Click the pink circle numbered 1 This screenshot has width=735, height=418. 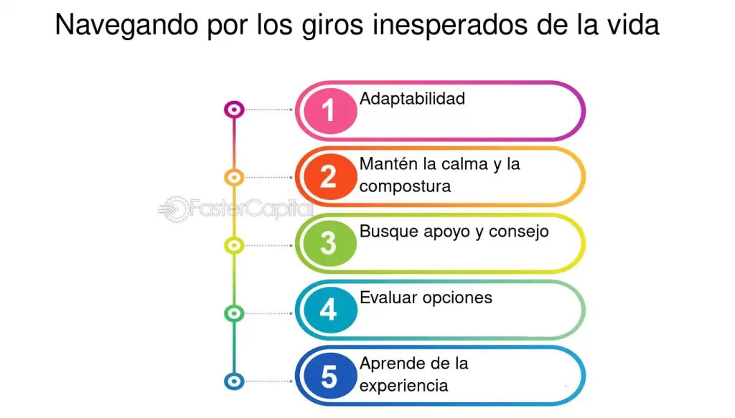point(328,110)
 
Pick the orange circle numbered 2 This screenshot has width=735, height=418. point(328,176)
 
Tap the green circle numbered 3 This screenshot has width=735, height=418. point(328,243)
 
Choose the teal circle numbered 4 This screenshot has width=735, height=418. point(328,310)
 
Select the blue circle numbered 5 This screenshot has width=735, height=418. point(328,376)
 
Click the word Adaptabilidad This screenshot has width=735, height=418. point(412,98)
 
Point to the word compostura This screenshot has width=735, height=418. point(405,186)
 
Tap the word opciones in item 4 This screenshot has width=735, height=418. point(457,298)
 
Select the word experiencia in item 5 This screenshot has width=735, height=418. point(403,386)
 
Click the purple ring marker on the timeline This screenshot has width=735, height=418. point(234,110)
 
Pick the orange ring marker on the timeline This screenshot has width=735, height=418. point(234,177)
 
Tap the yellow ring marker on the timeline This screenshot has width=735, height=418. point(234,245)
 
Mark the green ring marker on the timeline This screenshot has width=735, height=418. point(234,313)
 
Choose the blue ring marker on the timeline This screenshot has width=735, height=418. point(234,381)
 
